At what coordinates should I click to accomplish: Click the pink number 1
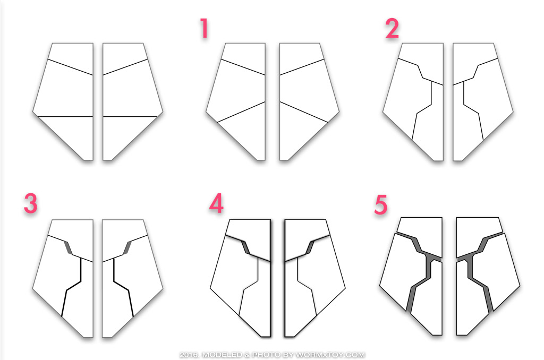tap(205, 29)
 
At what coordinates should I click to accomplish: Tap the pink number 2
tap(392, 29)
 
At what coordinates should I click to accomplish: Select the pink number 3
tap(30, 203)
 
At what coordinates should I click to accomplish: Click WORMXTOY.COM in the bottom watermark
tap(330, 355)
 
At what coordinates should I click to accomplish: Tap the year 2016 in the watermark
tap(190, 355)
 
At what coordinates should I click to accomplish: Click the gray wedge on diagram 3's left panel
tap(69, 247)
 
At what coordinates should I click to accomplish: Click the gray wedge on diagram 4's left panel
tap(245, 247)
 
